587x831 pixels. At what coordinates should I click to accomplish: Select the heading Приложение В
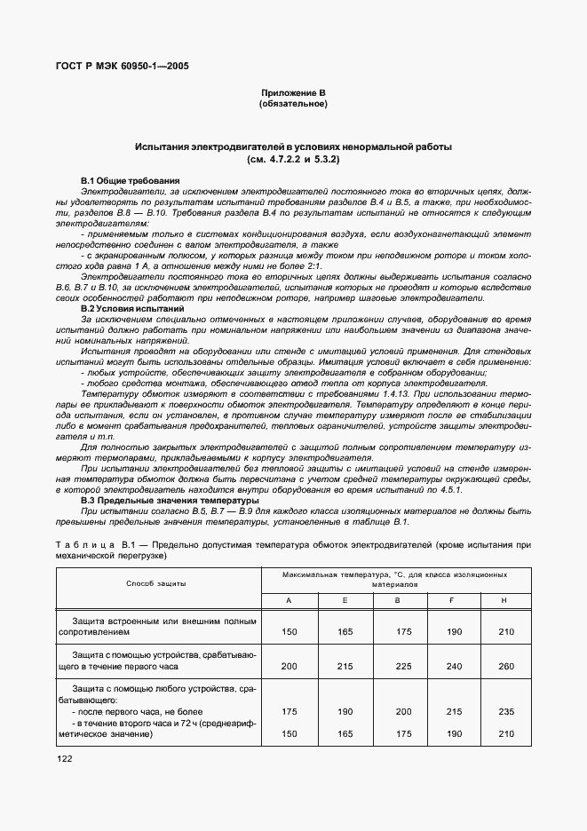click(292, 93)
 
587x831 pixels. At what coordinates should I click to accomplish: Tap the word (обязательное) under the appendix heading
click(292, 105)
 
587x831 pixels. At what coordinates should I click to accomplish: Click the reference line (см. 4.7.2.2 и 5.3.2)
click(292, 159)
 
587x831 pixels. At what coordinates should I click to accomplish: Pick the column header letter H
click(504, 601)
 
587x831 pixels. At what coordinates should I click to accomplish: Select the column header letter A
click(289, 601)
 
